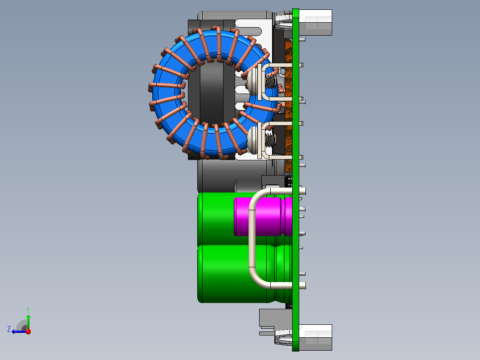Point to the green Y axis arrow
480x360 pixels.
coord(28,322)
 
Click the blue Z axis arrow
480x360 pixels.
coord(19,331)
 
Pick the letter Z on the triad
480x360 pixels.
coord(9,329)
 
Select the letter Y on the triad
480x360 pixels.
coord(28,310)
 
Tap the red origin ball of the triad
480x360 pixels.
coord(28,331)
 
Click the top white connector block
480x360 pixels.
coord(315,22)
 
